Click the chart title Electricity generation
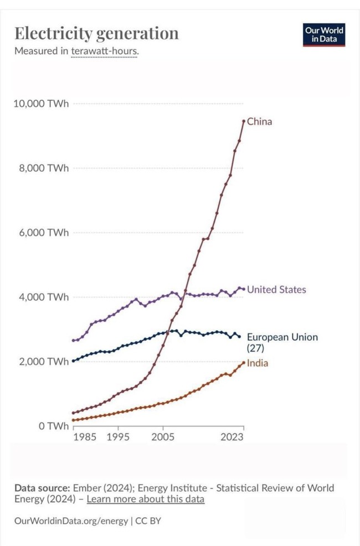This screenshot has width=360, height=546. pos(96,33)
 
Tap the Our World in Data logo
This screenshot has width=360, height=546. pos(324,35)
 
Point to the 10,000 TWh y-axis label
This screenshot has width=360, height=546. pos(42,104)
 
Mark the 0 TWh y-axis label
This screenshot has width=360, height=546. pos(54,426)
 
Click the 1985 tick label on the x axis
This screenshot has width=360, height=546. pos(85,437)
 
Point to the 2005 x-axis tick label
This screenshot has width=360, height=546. pos(163,437)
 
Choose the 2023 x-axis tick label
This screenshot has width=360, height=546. pos(232,437)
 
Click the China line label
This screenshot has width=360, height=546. pos(259,121)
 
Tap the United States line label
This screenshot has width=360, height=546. pos(276,290)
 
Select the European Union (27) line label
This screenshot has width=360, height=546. pos(282,342)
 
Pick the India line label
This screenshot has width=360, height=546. pos(258,363)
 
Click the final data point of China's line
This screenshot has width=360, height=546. pos(244,121)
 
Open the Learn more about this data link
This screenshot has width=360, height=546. pos(146,499)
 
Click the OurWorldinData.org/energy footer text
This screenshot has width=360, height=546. pos(70,521)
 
